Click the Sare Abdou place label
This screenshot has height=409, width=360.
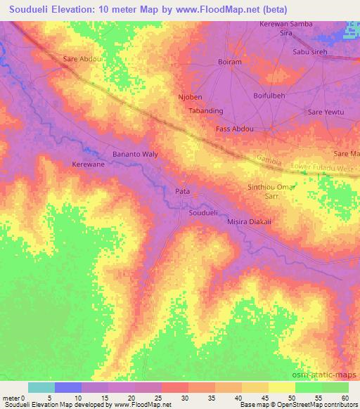(82, 59)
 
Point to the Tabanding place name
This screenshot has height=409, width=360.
(207, 111)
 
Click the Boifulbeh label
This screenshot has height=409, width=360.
(271, 95)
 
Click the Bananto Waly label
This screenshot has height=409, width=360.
(136, 153)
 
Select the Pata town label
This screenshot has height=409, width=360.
(181, 190)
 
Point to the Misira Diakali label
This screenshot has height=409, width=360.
(250, 221)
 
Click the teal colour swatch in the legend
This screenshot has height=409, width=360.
(41, 387)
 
